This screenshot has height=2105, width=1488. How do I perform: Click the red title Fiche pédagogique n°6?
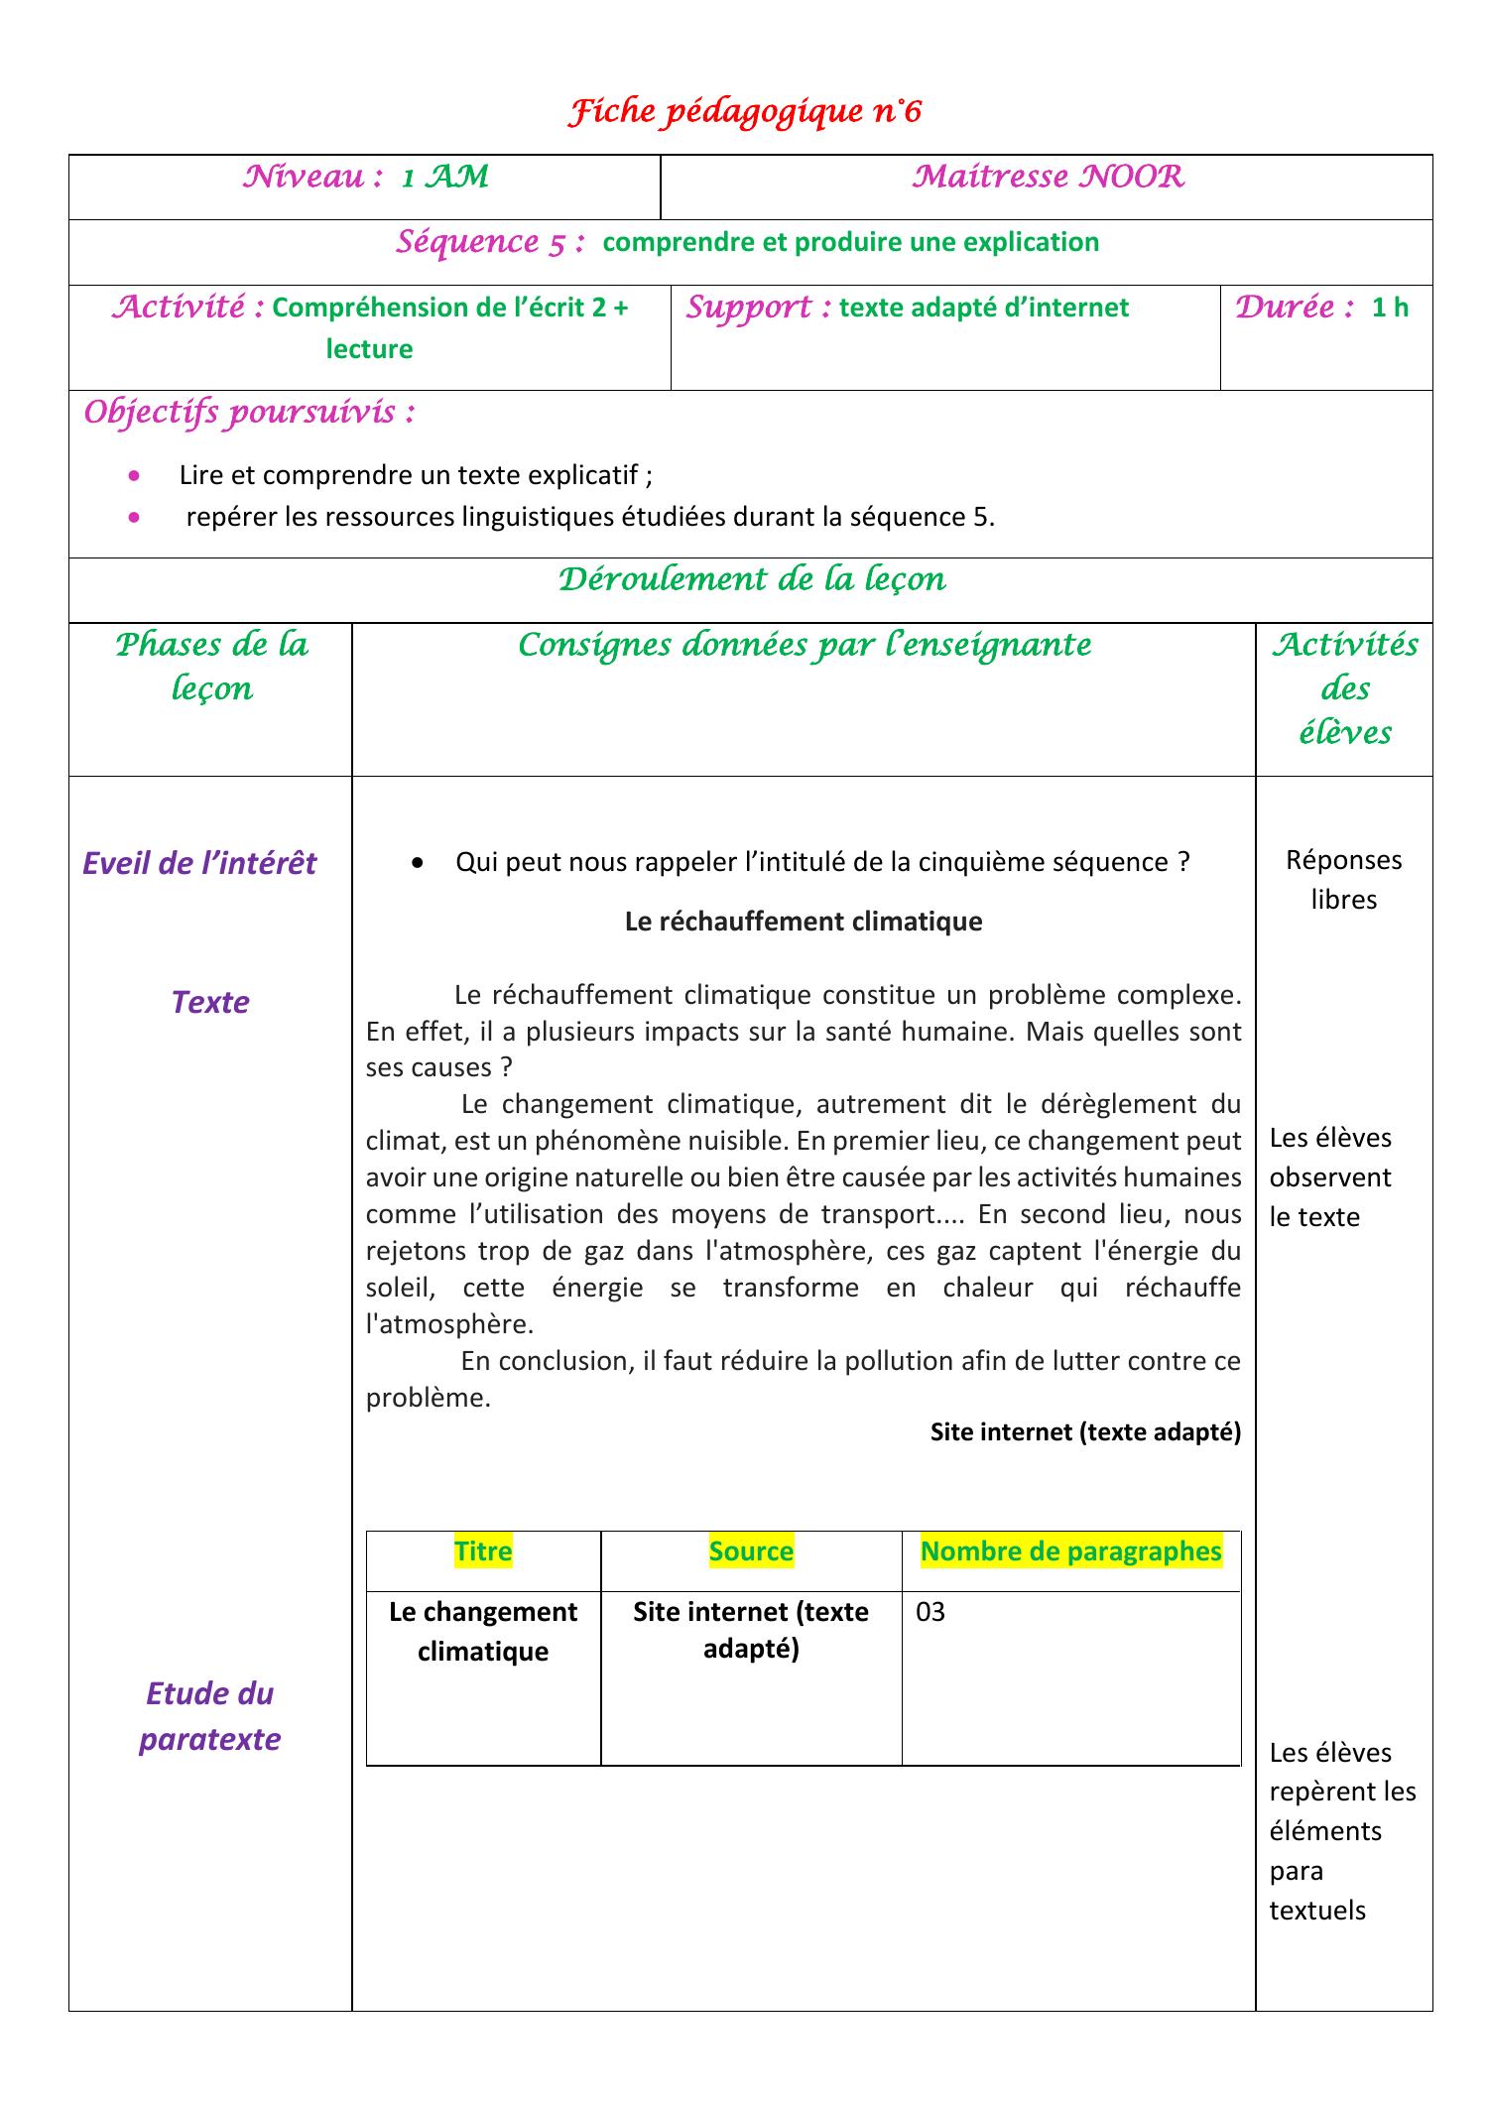coord(744,112)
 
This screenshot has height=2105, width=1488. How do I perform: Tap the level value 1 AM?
coord(444,178)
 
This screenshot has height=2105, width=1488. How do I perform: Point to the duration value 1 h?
coord(1390,308)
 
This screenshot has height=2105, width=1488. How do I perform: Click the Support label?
coord(759,308)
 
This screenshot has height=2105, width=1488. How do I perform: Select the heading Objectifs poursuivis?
coord(249,412)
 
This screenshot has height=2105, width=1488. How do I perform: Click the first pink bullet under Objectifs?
coord(135,476)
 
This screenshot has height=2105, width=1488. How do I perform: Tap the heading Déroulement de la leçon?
coord(751,579)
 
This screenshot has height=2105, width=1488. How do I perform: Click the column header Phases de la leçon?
coord(211,667)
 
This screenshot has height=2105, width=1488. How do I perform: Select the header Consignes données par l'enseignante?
coord(804,645)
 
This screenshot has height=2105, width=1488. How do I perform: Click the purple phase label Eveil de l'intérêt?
coord(199,863)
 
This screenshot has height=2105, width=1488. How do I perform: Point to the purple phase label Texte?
coord(210,1002)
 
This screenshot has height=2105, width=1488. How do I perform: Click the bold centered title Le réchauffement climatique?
coord(803,922)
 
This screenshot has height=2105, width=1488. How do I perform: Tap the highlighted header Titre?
coord(482,1550)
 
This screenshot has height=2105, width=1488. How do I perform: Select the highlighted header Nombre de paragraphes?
coord(1070,1550)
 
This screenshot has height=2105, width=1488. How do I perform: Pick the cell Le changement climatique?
coord(483,1631)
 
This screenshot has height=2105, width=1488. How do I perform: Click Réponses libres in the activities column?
coord(1343,879)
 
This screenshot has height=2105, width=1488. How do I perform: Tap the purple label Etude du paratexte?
coord(210,1715)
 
